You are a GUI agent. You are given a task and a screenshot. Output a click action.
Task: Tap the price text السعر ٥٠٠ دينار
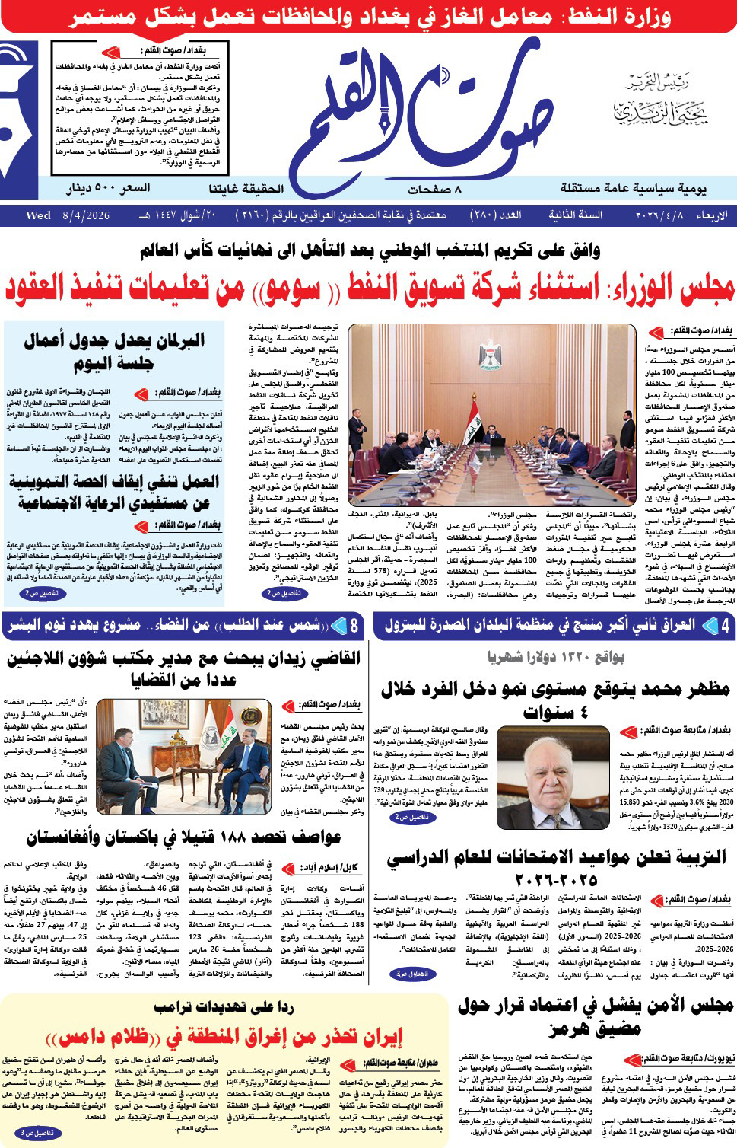108,188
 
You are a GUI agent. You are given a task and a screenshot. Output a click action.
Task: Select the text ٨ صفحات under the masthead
434,189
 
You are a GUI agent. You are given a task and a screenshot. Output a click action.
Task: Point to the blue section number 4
726,626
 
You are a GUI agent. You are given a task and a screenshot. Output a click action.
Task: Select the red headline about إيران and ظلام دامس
224,1037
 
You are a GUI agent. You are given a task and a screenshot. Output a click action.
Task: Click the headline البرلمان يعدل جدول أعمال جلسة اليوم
114,352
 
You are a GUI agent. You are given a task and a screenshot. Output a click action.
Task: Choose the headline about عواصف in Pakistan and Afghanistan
183,838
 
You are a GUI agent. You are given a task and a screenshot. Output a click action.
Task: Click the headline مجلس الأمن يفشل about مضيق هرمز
596,1017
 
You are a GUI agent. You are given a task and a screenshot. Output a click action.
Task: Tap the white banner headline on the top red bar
368,17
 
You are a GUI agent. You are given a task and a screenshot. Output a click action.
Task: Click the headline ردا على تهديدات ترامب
224,1007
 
